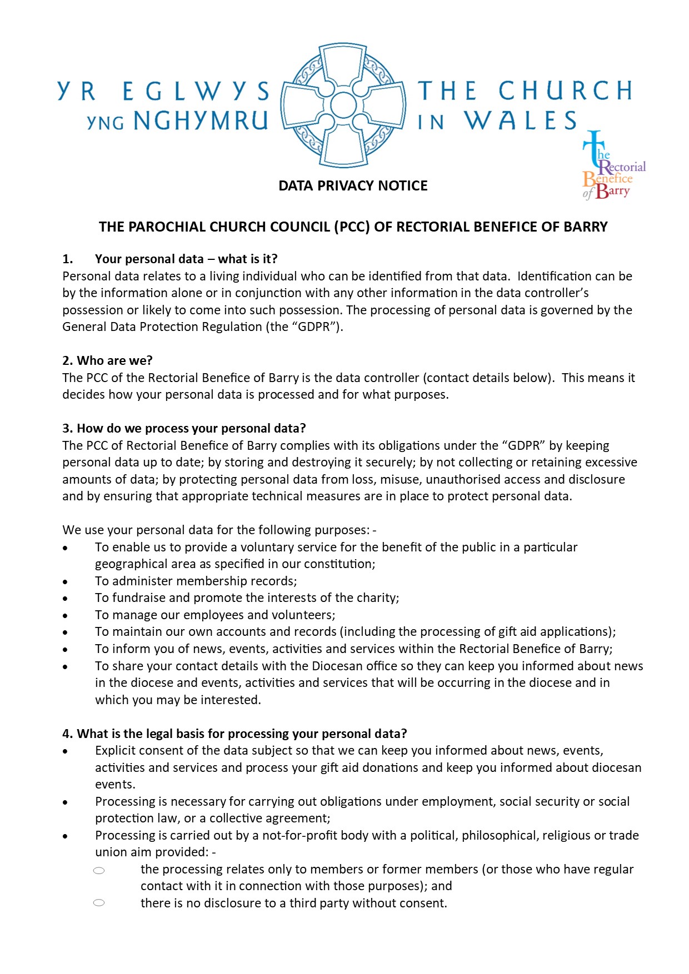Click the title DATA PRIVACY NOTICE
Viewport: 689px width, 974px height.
click(x=353, y=185)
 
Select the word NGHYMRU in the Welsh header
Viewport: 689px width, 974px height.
click(x=201, y=121)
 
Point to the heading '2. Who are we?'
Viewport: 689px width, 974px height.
click(x=107, y=360)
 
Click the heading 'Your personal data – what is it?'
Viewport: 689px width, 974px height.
click(x=186, y=259)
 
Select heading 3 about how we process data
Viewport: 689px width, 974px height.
click(x=184, y=428)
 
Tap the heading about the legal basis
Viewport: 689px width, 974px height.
click(x=234, y=734)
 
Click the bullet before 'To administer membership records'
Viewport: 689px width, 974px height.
click(x=66, y=582)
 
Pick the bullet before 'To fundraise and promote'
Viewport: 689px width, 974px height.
click(x=66, y=599)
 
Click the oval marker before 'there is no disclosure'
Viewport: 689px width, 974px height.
click(x=99, y=903)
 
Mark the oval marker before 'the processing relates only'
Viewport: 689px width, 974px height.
click(x=99, y=871)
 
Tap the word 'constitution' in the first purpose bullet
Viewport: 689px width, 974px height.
click(x=339, y=564)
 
